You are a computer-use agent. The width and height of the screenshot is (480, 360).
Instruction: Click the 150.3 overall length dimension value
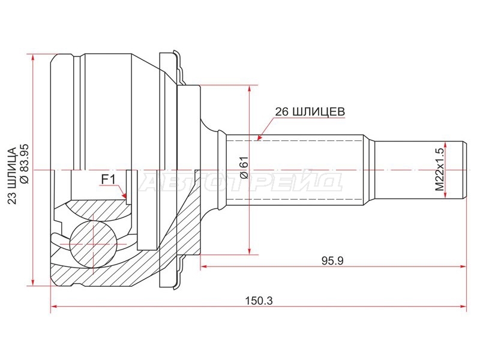click(x=259, y=301)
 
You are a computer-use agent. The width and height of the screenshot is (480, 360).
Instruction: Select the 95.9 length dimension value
click(x=332, y=261)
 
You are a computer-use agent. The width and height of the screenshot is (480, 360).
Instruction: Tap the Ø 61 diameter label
click(x=244, y=167)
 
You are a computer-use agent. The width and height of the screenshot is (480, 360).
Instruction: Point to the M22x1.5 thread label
click(x=439, y=170)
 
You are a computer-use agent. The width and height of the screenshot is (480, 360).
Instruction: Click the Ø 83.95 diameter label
click(x=24, y=164)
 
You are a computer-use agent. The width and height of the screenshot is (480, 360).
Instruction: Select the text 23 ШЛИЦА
click(x=11, y=176)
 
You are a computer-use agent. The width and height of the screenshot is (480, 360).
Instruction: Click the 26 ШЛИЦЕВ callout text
click(x=310, y=112)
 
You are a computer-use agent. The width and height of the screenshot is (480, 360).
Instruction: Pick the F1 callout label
click(x=108, y=179)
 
